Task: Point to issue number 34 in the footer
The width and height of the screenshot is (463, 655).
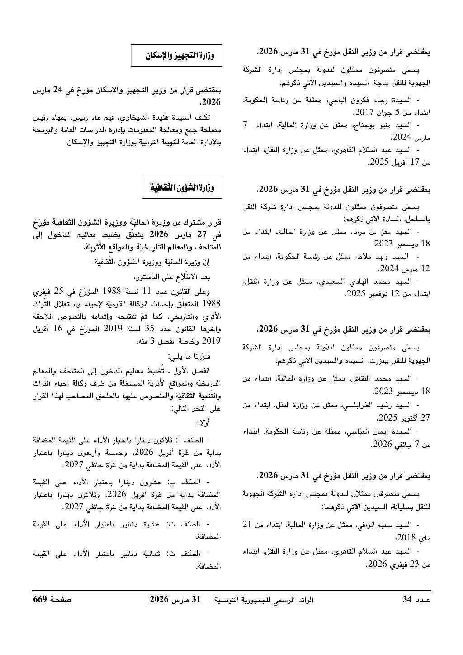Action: tap(407, 600)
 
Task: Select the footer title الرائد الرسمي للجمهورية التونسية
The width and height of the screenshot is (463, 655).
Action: tap(267, 600)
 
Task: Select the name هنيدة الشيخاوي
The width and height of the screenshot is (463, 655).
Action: tap(137, 119)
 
